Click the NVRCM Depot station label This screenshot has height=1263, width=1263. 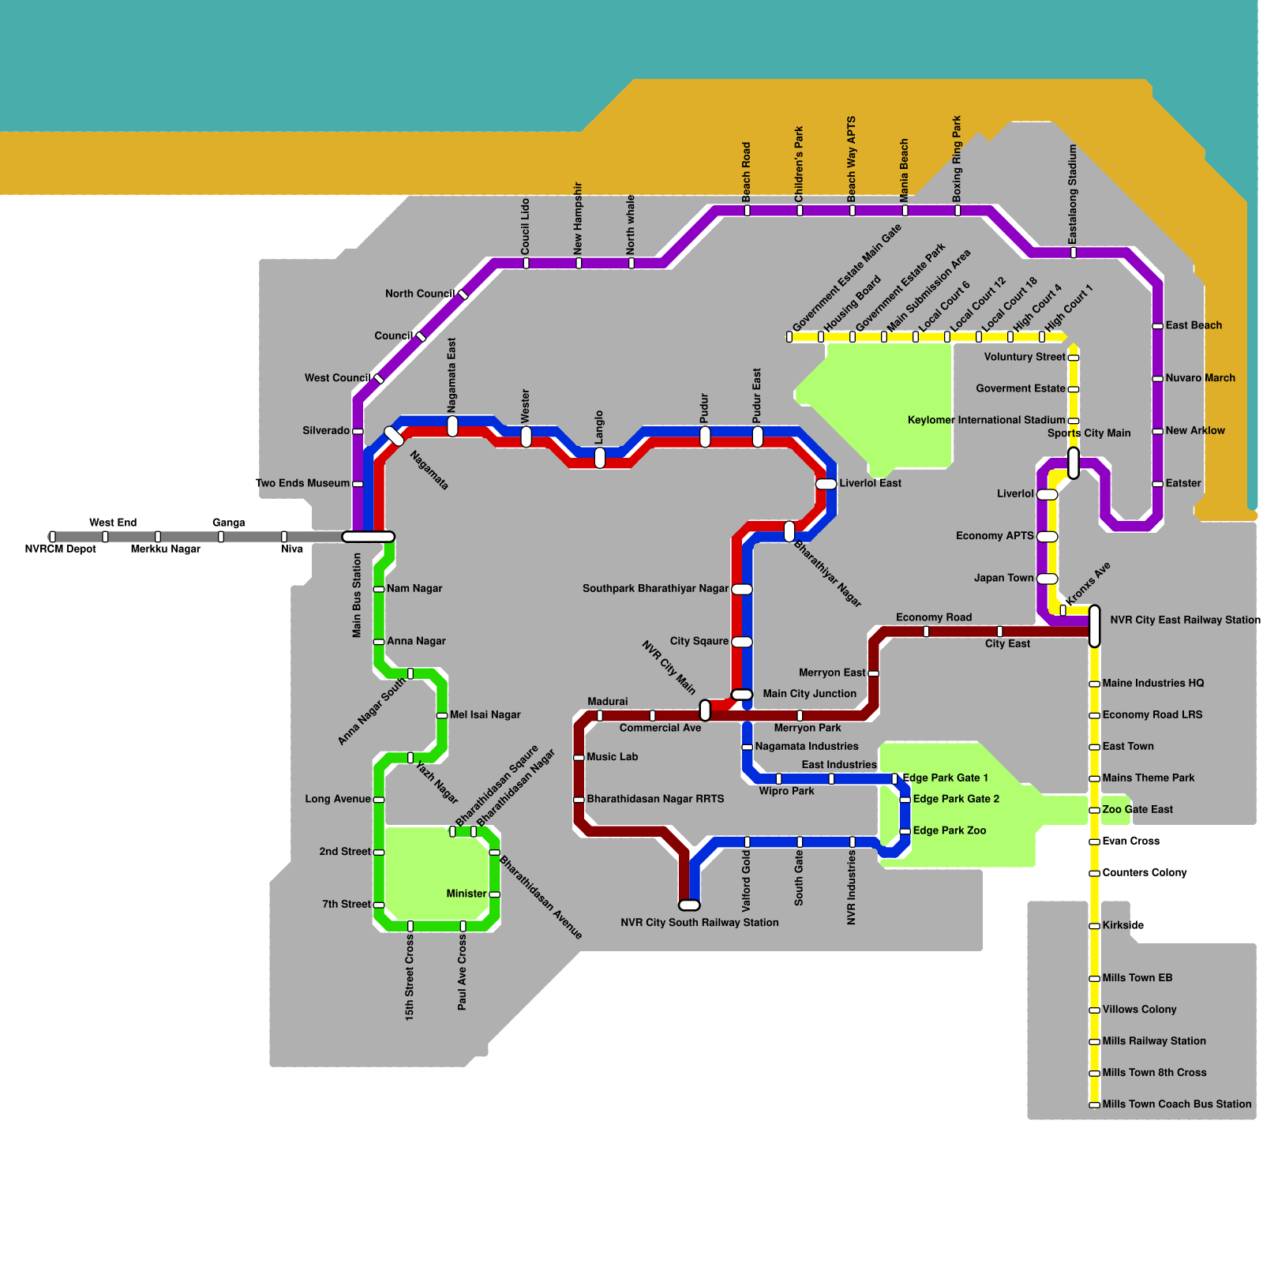(x=60, y=549)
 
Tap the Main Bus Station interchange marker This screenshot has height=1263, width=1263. (x=368, y=537)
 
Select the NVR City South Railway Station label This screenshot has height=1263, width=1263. (x=699, y=923)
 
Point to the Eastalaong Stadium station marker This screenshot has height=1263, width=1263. (x=1073, y=253)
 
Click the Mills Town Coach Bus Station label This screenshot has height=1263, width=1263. (x=1176, y=1104)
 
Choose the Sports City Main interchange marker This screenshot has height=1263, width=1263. (x=1073, y=463)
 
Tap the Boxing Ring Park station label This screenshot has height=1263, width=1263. (x=958, y=158)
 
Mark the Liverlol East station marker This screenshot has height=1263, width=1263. (x=826, y=484)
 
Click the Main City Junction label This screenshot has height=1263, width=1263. (x=809, y=694)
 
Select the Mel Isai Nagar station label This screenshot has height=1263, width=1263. (x=485, y=715)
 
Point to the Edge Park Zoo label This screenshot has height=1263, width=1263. (x=949, y=830)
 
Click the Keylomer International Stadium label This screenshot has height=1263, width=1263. (x=986, y=420)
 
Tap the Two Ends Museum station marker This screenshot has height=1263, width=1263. (x=358, y=484)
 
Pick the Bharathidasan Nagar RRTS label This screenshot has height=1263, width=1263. (x=655, y=799)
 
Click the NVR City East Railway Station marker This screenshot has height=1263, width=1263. (x=1094, y=626)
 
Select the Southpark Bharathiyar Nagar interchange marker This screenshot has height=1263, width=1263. (x=742, y=589)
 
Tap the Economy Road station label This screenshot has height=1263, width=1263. (x=934, y=617)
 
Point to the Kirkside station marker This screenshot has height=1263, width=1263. (x=1094, y=926)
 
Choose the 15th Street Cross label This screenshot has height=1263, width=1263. (x=410, y=976)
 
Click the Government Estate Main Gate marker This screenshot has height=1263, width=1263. (x=789, y=337)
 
